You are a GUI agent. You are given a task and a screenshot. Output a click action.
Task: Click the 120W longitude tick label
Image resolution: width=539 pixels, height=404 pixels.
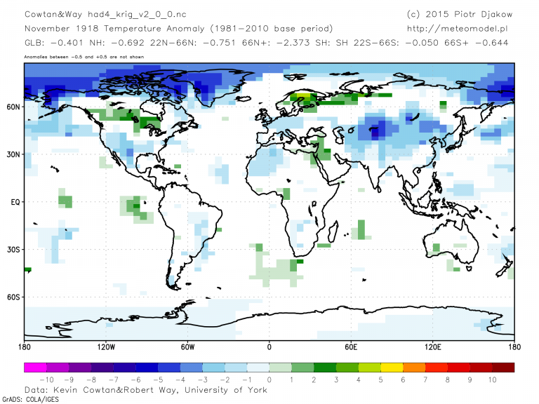105,346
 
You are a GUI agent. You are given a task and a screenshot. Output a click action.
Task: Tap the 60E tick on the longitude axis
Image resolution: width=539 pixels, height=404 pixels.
351,346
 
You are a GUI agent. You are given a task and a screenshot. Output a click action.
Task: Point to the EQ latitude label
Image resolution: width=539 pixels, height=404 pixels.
14,202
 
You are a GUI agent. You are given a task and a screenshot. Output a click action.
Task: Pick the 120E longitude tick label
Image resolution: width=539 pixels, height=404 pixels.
433,346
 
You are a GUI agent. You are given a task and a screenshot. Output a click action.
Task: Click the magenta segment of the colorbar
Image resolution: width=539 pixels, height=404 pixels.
35,367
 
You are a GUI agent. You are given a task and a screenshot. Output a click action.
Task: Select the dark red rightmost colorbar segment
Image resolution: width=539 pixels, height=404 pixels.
503,367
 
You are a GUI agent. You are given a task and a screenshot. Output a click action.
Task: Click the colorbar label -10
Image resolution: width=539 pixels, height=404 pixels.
46,379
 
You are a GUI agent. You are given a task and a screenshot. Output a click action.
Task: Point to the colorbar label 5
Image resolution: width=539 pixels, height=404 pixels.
380,379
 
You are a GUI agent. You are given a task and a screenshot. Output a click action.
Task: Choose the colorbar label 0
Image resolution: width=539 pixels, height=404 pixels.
269,379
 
